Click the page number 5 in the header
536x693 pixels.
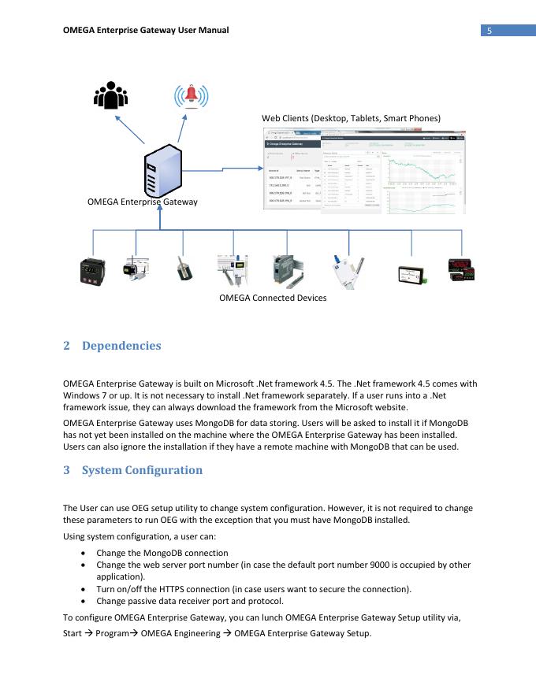pyautogui.click(x=489, y=31)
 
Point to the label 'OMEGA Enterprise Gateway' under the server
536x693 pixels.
pyautogui.click(x=143, y=202)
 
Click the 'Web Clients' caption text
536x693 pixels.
pyautogui.click(x=351, y=118)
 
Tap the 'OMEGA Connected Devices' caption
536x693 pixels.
pyautogui.click(x=273, y=298)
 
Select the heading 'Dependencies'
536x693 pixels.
pyautogui.click(x=121, y=346)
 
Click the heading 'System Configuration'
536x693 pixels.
pyautogui.click(x=142, y=470)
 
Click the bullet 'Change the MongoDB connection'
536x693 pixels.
pyautogui.click(x=162, y=554)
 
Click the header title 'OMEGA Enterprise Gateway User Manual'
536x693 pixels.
pyautogui.click(x=145, y=31)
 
